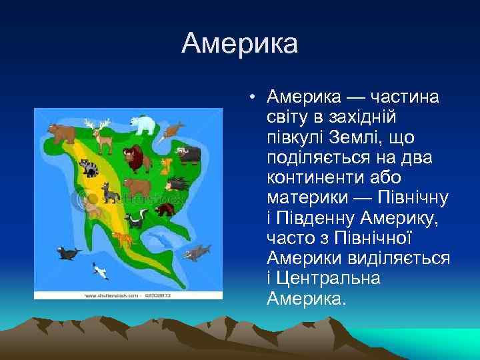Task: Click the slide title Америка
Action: (239, 45)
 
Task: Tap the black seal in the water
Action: (68, 253)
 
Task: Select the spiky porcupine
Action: (177, 183)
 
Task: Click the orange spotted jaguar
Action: (123, 238)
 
